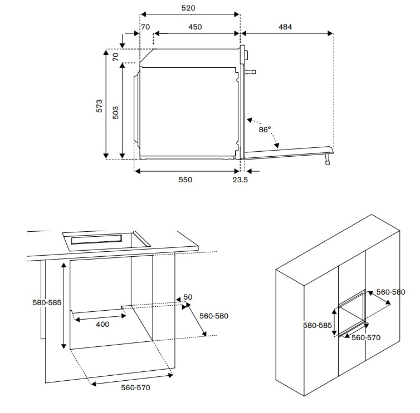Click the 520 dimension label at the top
click(x=188, y=9)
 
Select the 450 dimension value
click(x=194, y=27)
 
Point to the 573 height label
click(x=99, y=107)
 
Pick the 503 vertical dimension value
click(x=116, y=113)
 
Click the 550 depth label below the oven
click(x=185, y=180)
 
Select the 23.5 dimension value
click(x=240, y=180)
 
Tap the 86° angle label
click(x=265, y=130)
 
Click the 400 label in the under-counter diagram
click(x=102, y=324)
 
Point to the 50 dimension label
click(x=188, y=297)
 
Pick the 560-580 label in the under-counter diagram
click(x=214, y=315)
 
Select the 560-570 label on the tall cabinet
click(x=365, y=337)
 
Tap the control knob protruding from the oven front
click(x=252, y=72)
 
